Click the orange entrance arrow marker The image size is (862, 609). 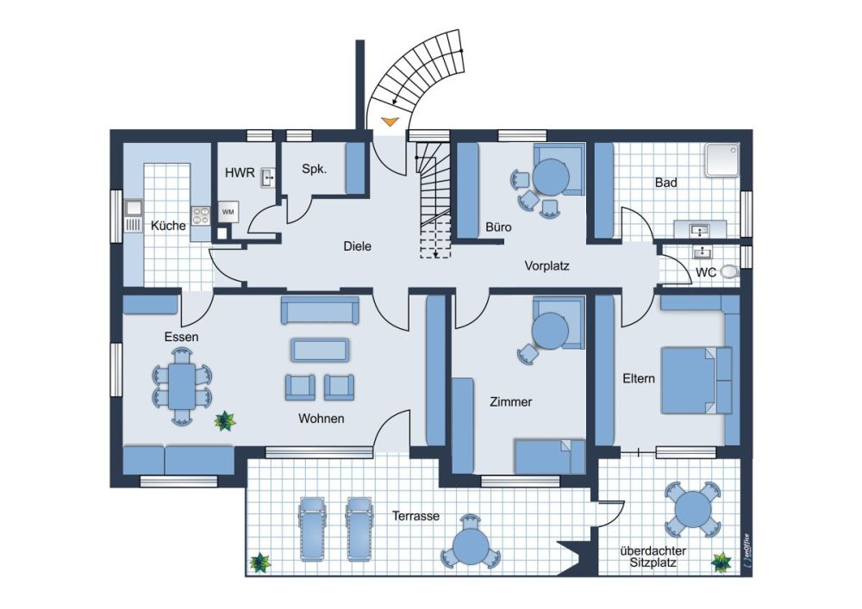390,122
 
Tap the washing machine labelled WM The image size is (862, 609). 228,211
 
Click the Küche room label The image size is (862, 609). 168,225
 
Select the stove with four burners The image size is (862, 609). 201,215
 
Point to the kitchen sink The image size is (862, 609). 134,208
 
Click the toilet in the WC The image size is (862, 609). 729,271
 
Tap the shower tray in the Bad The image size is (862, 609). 722,160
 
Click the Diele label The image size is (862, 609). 358,246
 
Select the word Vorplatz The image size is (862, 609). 547,266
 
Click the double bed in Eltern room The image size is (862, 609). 696,380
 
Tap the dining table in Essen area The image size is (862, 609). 182,387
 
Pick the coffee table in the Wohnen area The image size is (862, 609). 320,350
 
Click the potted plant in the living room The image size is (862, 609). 224,421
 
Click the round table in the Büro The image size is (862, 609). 552,177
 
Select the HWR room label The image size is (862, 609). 240,173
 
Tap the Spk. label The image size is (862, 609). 315,169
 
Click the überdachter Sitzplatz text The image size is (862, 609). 653,556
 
